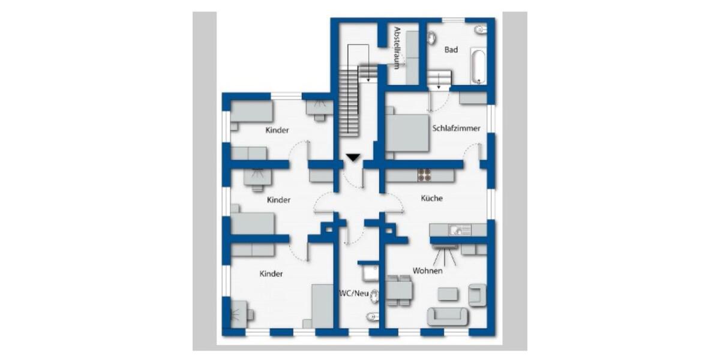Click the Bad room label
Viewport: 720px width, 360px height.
pos(451,50)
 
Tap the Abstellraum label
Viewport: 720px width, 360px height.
pos(397,47)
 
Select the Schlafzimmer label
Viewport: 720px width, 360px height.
pos(456,128)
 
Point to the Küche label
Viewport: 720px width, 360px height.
pos(431,198)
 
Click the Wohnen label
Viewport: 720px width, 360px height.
pos(427,271)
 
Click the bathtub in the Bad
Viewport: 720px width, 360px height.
pos(478,66)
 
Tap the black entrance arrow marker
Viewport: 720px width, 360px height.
pos(353,158)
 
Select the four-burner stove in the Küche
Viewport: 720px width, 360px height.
pos(425,175)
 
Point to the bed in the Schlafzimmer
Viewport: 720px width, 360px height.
pos(407,132)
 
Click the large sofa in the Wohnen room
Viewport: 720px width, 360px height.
pos(447,316)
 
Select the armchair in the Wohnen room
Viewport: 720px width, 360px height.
pos(476,295)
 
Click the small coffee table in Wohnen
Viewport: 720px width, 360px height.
pos(447,293)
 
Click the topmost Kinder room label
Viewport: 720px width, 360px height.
pos(277,130)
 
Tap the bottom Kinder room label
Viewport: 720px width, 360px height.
pos(271,274)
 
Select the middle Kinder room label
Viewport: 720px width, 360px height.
pos(279,200)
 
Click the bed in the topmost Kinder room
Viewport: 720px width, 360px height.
pos(251,112)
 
